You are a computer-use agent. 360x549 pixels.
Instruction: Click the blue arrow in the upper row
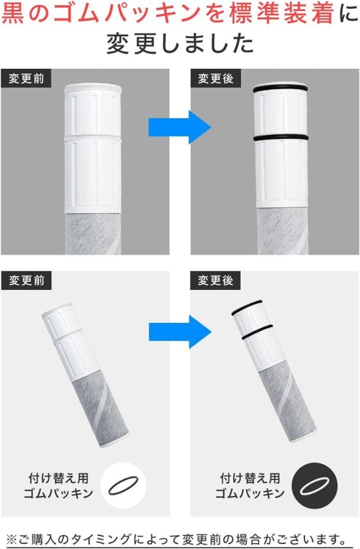(179, 127)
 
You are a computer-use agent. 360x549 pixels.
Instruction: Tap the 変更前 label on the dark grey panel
(26, 78)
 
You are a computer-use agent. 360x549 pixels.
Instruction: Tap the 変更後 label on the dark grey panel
(216, 78)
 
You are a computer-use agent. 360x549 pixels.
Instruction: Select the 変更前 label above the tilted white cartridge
(26, 280)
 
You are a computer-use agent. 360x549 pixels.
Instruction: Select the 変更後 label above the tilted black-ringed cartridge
(216, 280)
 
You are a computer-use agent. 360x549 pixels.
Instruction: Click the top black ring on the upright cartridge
(280, 89)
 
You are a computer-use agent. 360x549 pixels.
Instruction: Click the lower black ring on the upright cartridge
(280, 138)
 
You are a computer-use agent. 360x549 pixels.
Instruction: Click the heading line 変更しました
(179, 44)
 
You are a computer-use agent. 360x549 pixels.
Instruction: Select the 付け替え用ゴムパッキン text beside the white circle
(58, 486)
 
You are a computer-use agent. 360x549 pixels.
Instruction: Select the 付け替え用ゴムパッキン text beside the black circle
(250, 486)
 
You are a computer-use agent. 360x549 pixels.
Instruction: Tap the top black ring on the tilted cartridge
(247, 307)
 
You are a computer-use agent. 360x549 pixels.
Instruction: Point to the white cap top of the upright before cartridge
(93, 88)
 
